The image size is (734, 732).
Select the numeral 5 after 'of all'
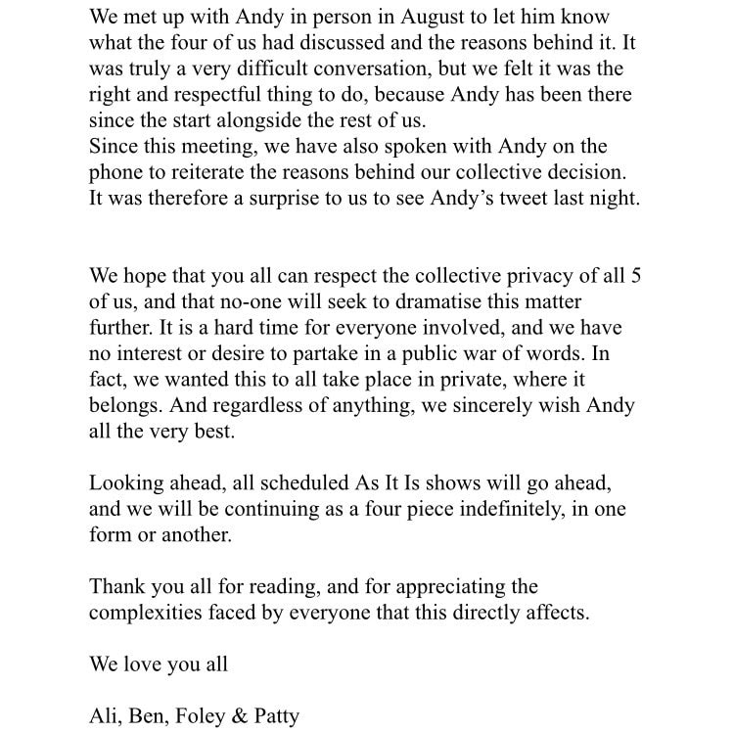tap(636, 276)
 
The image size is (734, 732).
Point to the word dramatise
tap(430, 301)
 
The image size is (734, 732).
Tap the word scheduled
tap(284, 482)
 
